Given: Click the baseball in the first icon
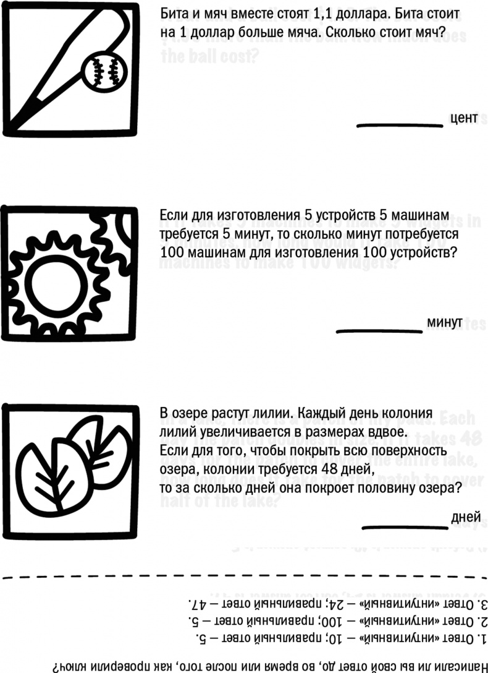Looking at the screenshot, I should click(103, 72).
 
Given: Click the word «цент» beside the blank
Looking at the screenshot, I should click(464, 118).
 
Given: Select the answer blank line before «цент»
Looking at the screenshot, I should click(400, 126).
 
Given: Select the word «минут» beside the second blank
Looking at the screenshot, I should click(444, 323).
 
